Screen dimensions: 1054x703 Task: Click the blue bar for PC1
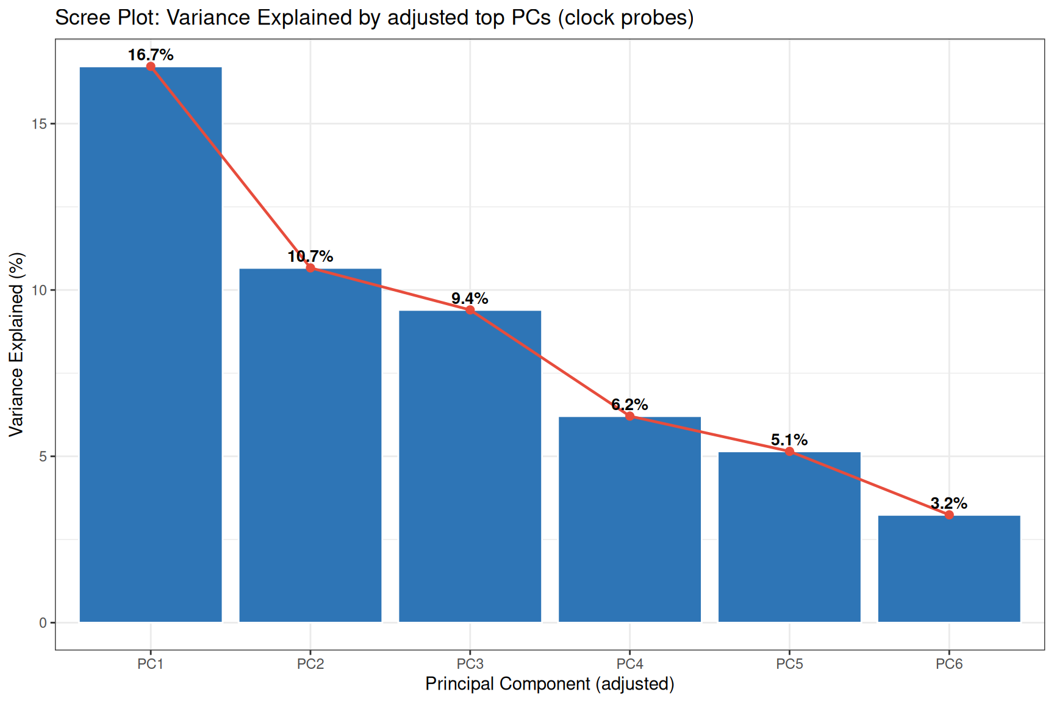tap(151, 344)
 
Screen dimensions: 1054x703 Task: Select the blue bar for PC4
tap(629, 519)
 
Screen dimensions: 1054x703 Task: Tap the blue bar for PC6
tap(949, 569)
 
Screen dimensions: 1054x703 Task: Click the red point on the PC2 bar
tap(310, 268)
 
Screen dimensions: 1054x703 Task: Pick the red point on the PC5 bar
tap(789, 452)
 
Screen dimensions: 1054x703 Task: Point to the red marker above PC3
tap(470, 310)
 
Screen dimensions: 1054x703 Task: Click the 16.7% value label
tap(151, 55)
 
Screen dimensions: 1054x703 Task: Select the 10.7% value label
tap(310, 256)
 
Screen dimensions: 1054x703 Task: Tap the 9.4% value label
tap(470, 298)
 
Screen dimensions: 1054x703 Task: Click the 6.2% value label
tap(629, 405)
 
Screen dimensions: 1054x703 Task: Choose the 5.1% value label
tap(789, 440)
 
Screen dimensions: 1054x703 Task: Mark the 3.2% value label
tap(949, 503)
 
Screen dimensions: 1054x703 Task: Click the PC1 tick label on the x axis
tap(151, 664)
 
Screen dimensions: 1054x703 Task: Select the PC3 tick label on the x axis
tap(470, 664)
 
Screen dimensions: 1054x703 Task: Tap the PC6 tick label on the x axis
tap(949, 664)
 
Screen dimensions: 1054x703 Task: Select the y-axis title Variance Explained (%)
tap(16, 345)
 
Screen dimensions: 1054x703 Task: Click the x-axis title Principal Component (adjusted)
tap(550, 684)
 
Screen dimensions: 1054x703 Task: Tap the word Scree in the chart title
tap(78, 18)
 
